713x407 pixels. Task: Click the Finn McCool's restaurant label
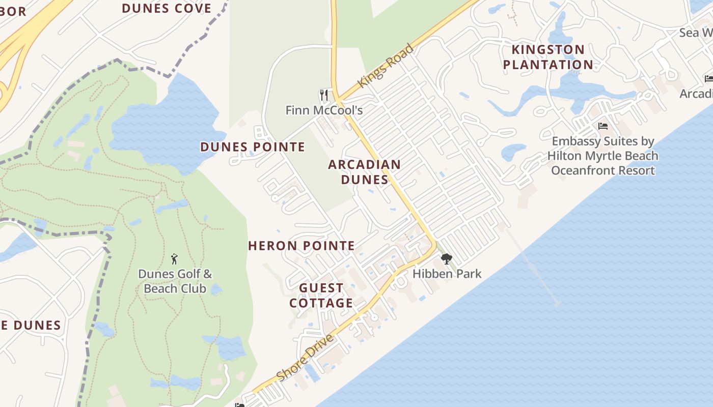point(324,110)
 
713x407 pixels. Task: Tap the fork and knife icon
point(324,95)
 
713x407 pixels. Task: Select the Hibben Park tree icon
point(447,259)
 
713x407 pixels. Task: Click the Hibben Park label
point(447,274)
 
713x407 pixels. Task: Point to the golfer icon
point(174,259)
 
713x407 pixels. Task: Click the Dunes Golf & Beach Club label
point(175,281)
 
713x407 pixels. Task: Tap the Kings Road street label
point(386,66)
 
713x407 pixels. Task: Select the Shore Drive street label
point(305,358)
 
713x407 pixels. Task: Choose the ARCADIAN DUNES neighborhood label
point(364,172)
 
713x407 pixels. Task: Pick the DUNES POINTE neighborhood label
point(253,147)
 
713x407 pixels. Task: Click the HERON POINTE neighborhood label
point(301,246)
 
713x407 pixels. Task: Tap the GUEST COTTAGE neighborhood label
point(321,296)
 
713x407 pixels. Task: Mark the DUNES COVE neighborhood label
point(167,8)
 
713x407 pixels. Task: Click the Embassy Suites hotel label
point(603,156)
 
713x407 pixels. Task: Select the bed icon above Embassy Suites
point(603,126)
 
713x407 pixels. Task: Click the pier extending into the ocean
point(535,270)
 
